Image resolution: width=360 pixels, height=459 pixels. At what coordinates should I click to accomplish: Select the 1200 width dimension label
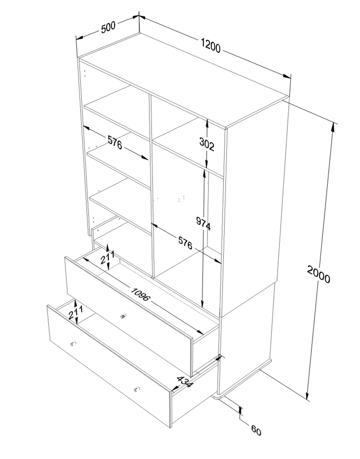(x=211, y=45)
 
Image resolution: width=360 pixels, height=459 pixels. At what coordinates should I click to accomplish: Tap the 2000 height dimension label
(x=318, y=274)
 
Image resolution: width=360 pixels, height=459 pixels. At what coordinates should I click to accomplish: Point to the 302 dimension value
(x=207, y=144)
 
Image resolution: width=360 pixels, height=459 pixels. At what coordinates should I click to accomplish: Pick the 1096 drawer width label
(x=141, y=295)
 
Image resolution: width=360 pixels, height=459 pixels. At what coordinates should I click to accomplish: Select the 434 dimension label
(x=185, y=381)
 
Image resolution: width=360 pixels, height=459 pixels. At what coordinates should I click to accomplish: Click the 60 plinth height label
(x=256, y=430)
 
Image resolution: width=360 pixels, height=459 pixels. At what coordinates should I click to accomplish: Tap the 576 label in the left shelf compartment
(x=115, y=142)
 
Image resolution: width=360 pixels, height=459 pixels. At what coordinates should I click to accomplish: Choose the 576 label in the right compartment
(x=186, y=243)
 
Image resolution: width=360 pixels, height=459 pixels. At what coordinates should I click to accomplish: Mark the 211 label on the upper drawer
(x=107, y=257)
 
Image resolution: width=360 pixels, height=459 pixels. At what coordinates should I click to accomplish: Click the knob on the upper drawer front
(x=124, y=316)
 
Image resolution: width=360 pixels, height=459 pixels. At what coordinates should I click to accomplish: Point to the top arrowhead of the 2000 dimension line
(x=333, y=127)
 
